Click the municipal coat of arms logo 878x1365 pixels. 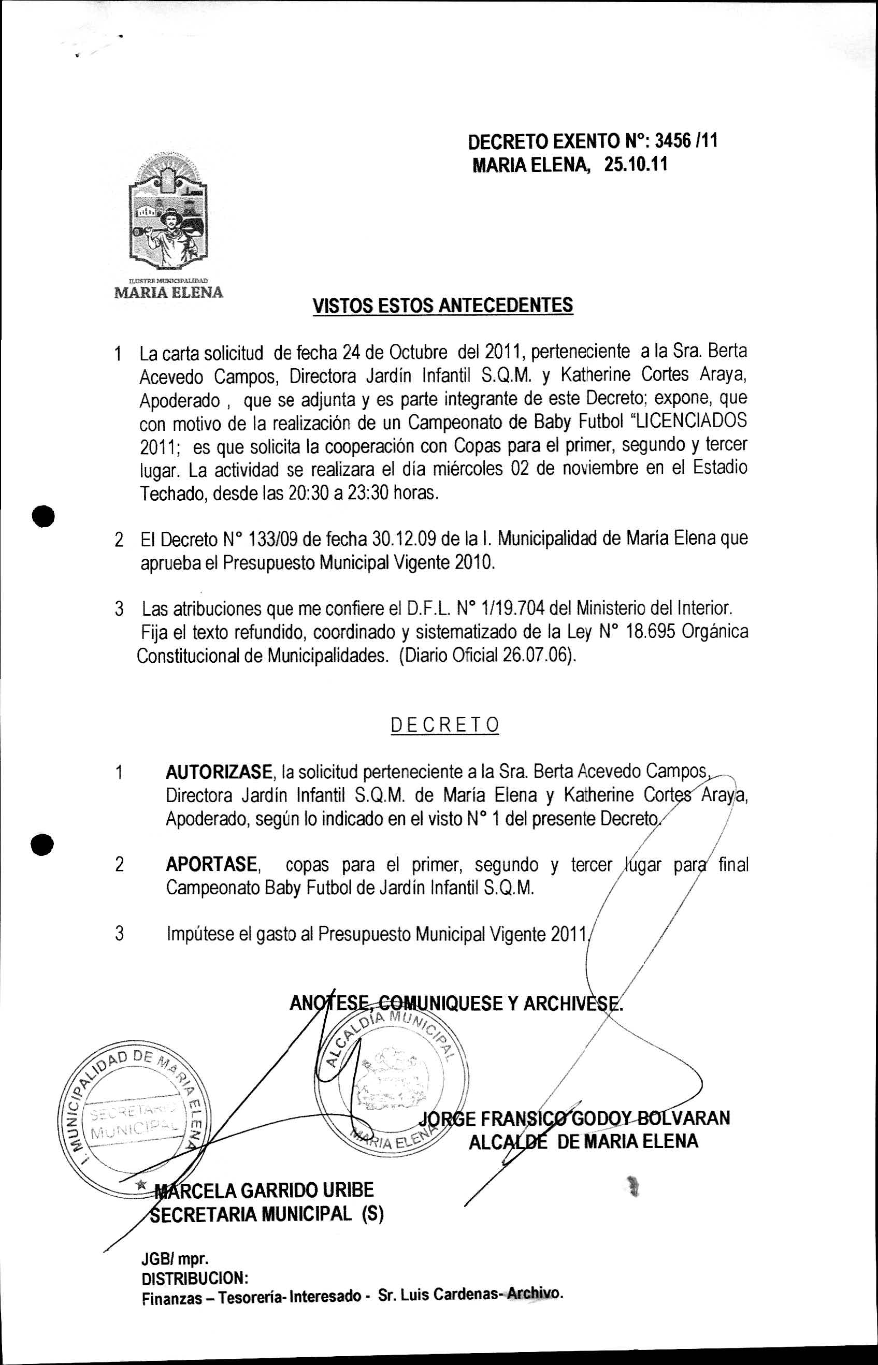click(168, 214)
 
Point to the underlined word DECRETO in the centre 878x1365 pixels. click(445, 725)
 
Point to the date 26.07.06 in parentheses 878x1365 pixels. click(536, 656)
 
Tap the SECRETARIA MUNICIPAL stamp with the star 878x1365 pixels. click(134, 1116)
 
